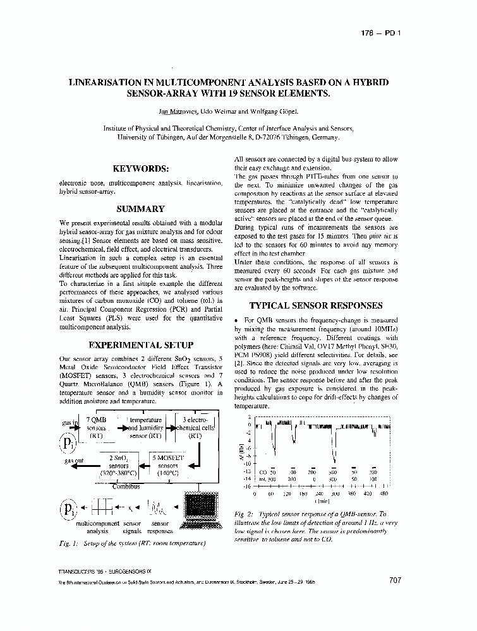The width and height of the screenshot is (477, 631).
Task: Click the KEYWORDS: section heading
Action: (x=140, y=169)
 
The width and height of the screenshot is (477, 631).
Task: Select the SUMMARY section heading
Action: (x=140, y=209)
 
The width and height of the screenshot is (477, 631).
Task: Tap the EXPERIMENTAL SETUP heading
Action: (x=140, y=345)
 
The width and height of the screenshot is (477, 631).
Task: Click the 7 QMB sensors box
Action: (x=96, y=427)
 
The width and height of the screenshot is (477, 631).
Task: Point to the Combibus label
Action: (x=127, y=486)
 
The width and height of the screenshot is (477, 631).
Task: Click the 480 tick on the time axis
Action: (x=384, y=494)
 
